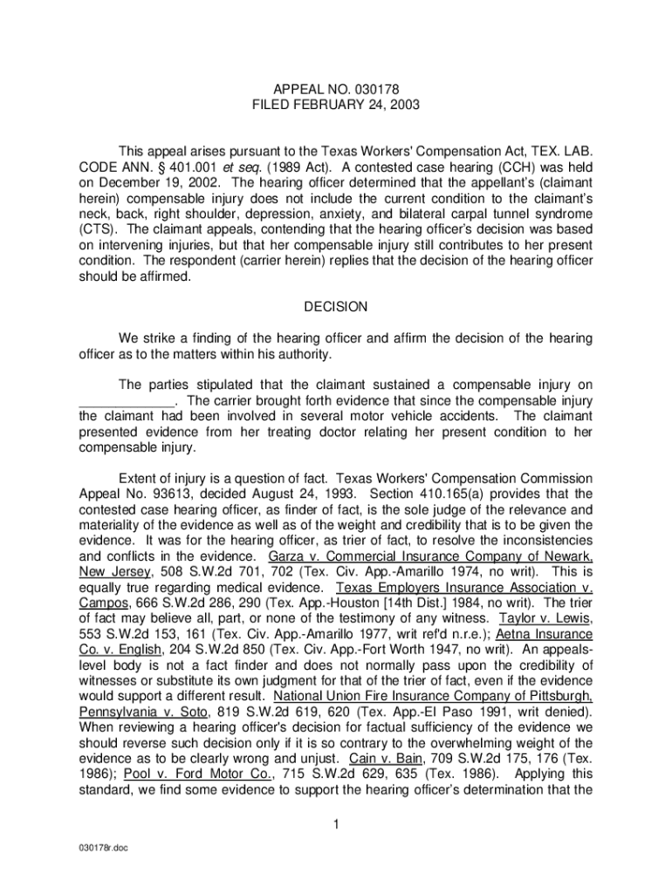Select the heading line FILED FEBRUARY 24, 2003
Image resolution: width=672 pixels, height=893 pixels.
pos(336,106)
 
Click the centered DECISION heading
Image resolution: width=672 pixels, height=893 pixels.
pos(336,307)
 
